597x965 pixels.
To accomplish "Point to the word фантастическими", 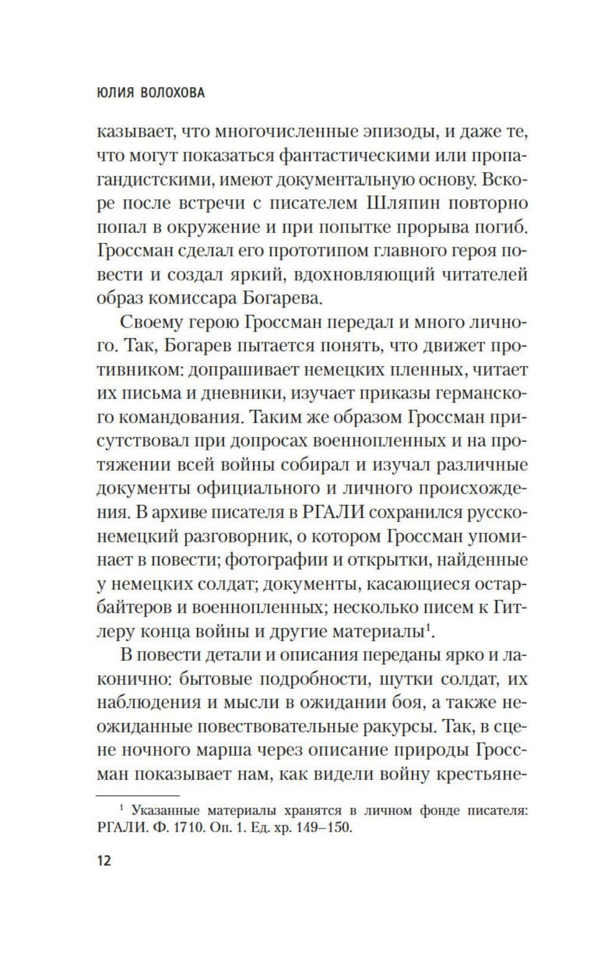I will [x=354, y=156].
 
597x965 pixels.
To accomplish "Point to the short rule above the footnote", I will [x=138, y=795].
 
